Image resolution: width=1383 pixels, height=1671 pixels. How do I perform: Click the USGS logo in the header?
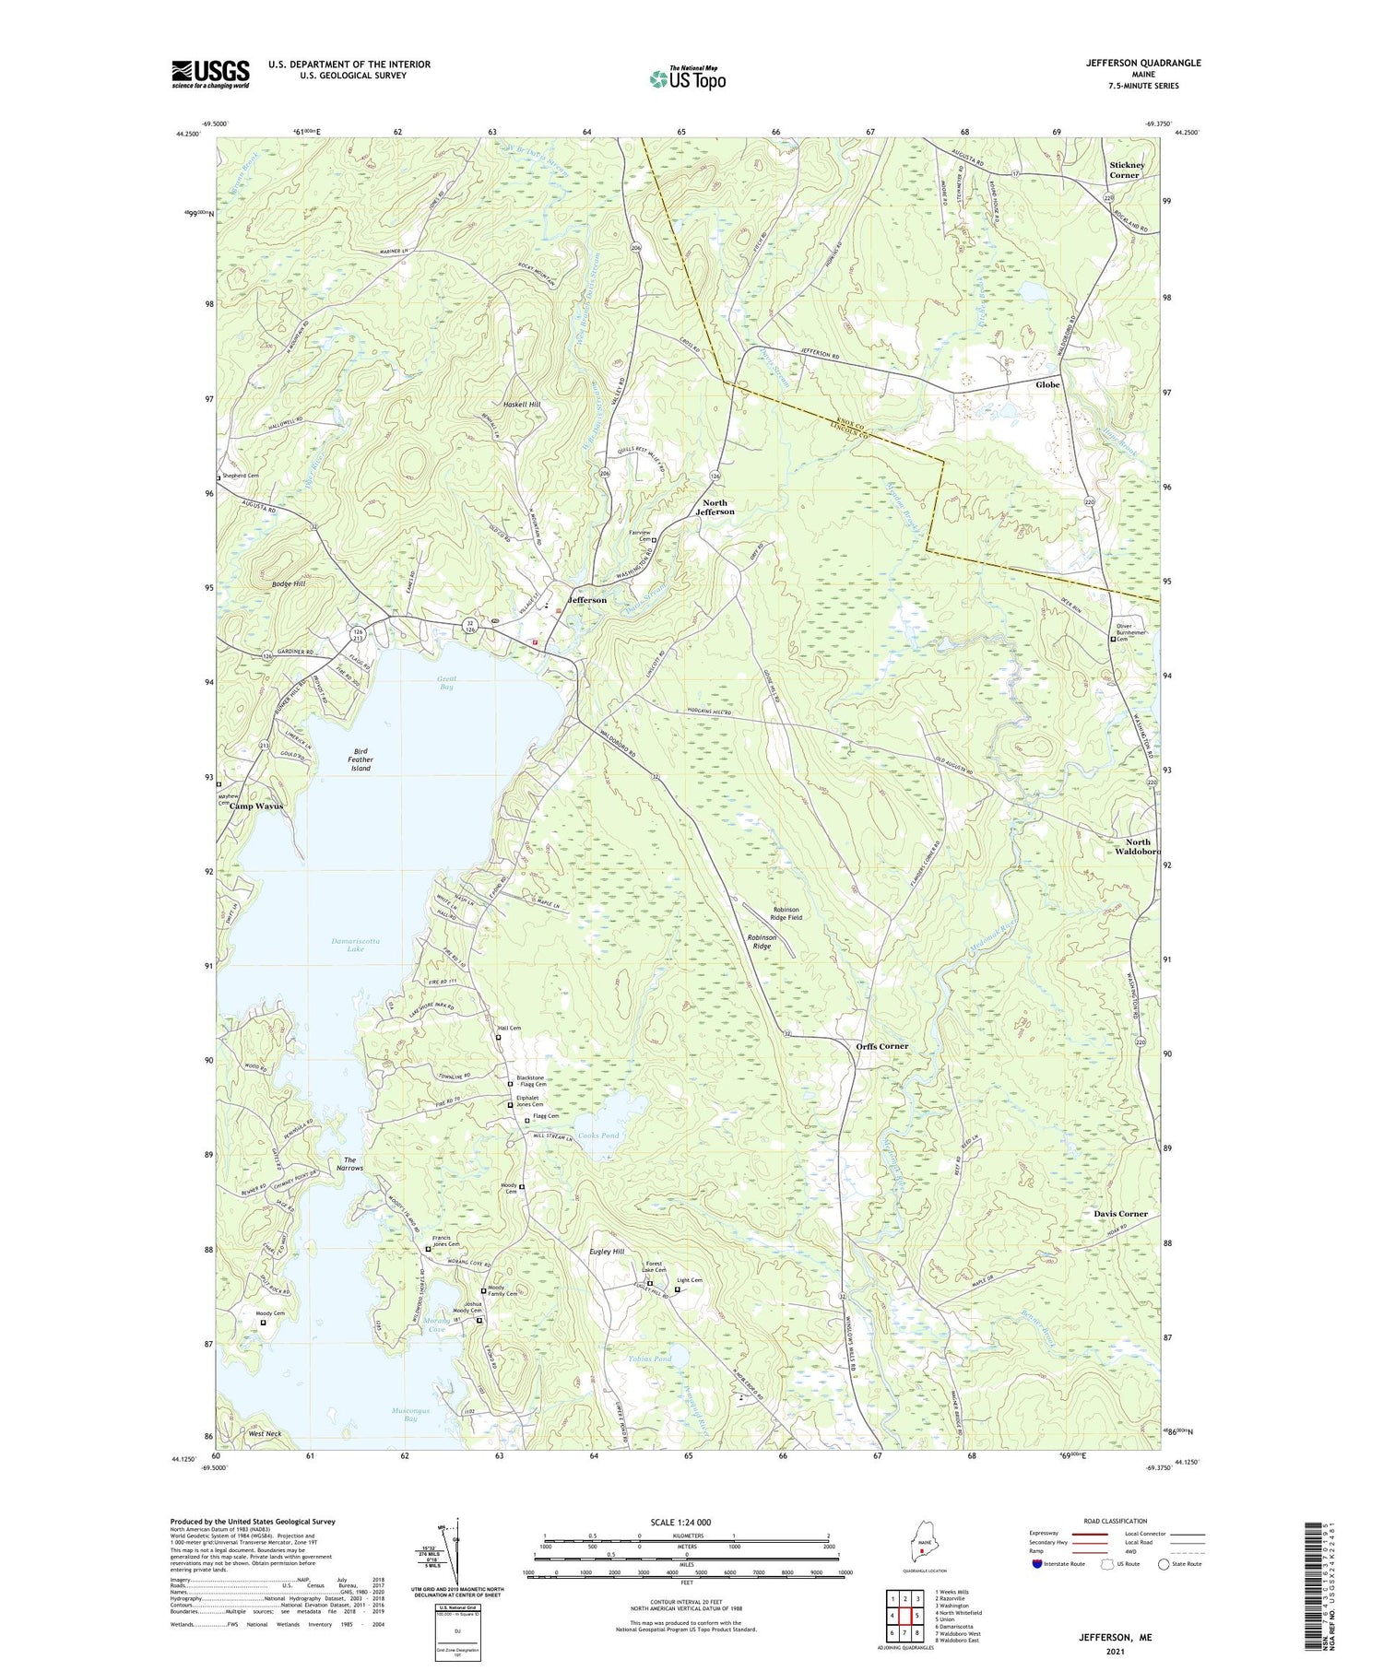(210, 74)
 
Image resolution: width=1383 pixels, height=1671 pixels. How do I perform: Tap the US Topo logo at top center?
(687, 78)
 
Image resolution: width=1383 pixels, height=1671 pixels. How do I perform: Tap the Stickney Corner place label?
(1126, 170)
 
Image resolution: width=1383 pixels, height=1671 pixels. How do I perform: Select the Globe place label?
(1047, 384)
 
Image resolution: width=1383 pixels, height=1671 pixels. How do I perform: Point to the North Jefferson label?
(715, 506)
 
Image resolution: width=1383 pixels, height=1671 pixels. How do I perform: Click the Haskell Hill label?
(522, 405)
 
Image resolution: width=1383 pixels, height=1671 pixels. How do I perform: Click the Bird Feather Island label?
(360, 759)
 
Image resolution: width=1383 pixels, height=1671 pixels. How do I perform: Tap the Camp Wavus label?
(256, 806)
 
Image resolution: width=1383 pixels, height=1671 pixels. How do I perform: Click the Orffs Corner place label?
(881, 1046)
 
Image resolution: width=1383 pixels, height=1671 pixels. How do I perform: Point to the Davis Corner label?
(1120, 1213)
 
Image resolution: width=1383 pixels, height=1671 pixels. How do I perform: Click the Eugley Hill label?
(606, 1252)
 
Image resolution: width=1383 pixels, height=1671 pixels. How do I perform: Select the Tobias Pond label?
(650, 1359)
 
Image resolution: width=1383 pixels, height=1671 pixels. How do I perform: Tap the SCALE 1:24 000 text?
(686, 1522)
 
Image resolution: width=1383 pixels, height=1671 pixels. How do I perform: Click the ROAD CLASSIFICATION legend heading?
(1116, 1521)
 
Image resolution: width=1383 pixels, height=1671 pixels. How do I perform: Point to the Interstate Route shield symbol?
(1036, 1564)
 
